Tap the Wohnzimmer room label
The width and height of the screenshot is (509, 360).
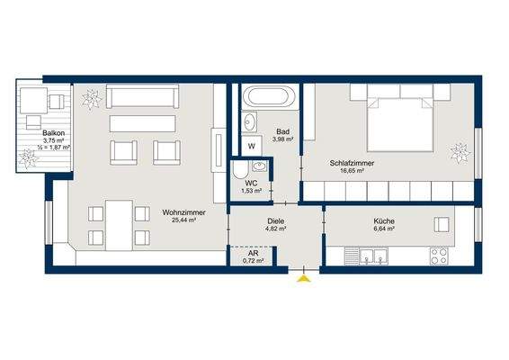click(x=183, y=212)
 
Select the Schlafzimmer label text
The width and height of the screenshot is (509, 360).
click(x=353, y=163)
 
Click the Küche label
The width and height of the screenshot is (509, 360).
click(x=385, y=220)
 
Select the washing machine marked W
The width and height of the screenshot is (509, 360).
click(x=252, y=144)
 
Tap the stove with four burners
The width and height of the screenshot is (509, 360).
click(x=440, y=256)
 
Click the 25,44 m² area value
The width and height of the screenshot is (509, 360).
click(x=183, y=221)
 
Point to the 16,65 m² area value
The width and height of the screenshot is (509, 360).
click(x=353, y=173)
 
